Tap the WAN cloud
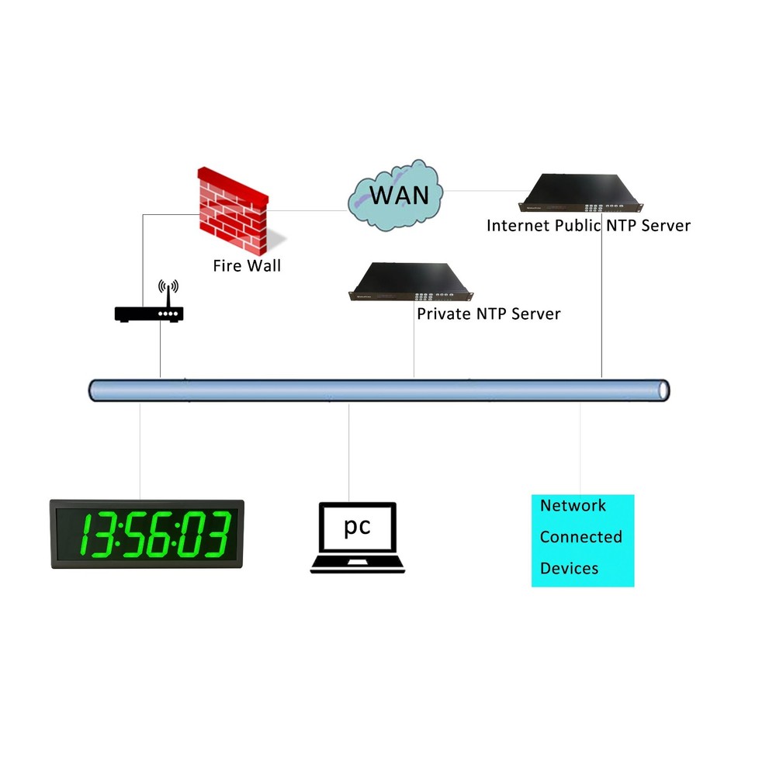coord(396,196)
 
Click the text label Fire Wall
coord(247,265)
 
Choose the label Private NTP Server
coord(488,314)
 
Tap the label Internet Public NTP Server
coord(588,225)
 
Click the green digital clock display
coord(147,534)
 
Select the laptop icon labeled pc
coord(358,537)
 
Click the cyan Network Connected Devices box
coord(582,540)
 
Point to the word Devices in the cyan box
coord(569,568)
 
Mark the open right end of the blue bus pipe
coord(662,390)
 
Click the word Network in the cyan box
coord(573,505)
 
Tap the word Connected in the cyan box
coord(580,536)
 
